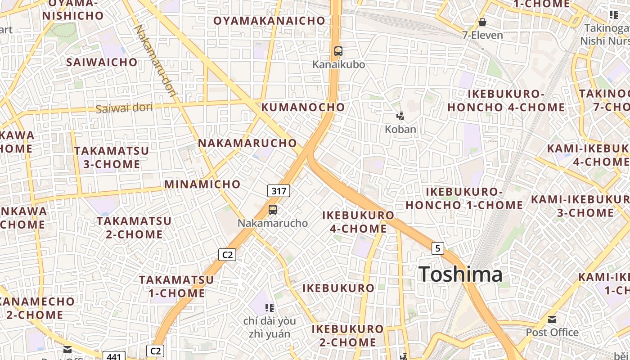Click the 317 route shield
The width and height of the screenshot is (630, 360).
pos(279,191)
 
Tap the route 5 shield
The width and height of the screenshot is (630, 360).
pos(437,248)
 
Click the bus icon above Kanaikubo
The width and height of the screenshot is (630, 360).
pos(338,51)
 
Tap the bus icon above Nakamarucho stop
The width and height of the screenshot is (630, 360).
pos(273,209)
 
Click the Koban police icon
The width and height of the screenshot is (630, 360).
pos(400,117)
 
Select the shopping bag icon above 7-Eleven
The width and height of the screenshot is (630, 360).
pos(482,22)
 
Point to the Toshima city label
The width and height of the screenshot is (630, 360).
pos(460,274)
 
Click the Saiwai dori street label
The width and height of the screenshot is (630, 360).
pos(124,108)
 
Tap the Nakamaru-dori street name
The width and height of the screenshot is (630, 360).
pos(156,61)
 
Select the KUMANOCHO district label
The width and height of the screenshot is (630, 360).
pos(303,107)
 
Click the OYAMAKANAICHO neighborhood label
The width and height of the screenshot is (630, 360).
pos(269,21)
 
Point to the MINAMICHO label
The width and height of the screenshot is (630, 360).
pos(202,184)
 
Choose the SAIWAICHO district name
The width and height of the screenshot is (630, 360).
pos(102,62)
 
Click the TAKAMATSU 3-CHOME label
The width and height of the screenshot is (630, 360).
pos(112,157)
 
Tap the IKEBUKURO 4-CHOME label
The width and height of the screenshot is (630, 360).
pos(358,222)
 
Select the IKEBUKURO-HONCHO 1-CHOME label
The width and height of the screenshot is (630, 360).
pos(464,198)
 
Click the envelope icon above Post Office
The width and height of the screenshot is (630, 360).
pos(552,319)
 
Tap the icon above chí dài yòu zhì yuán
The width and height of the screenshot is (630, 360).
pos(270,308)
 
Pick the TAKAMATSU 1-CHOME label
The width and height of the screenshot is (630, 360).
pos(176,286)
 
